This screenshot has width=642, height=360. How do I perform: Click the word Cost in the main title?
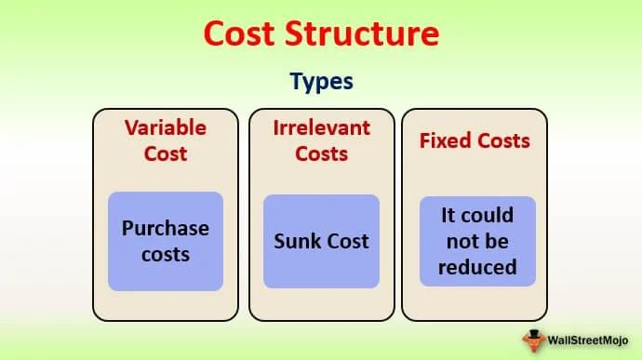coord(241,34)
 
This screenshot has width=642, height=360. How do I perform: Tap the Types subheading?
coord(321,81)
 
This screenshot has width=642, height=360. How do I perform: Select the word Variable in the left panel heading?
coord(166,127)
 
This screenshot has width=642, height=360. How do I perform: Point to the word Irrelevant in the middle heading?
coord(321,127)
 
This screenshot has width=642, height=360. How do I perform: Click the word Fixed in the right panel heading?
coord(444,141)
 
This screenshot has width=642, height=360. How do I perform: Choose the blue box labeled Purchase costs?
coord(166,241)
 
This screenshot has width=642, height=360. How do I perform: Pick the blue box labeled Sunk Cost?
coord(321,241)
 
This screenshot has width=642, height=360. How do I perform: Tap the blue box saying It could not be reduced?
coord(477,241)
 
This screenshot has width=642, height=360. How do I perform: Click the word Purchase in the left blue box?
coord(166,229)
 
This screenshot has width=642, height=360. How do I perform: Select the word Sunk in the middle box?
coord(295,242)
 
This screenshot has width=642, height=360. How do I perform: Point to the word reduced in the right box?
coord(477,267)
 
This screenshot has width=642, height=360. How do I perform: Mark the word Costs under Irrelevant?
coord(321,153)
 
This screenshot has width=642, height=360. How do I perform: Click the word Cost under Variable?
coord(166,153)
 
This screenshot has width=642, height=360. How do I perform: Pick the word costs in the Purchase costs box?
coord(166,254)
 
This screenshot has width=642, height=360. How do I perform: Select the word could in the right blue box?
coord(489,216)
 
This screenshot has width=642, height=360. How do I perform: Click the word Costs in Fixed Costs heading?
coord(502,141)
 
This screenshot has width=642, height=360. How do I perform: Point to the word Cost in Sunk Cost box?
coord(346,242)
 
